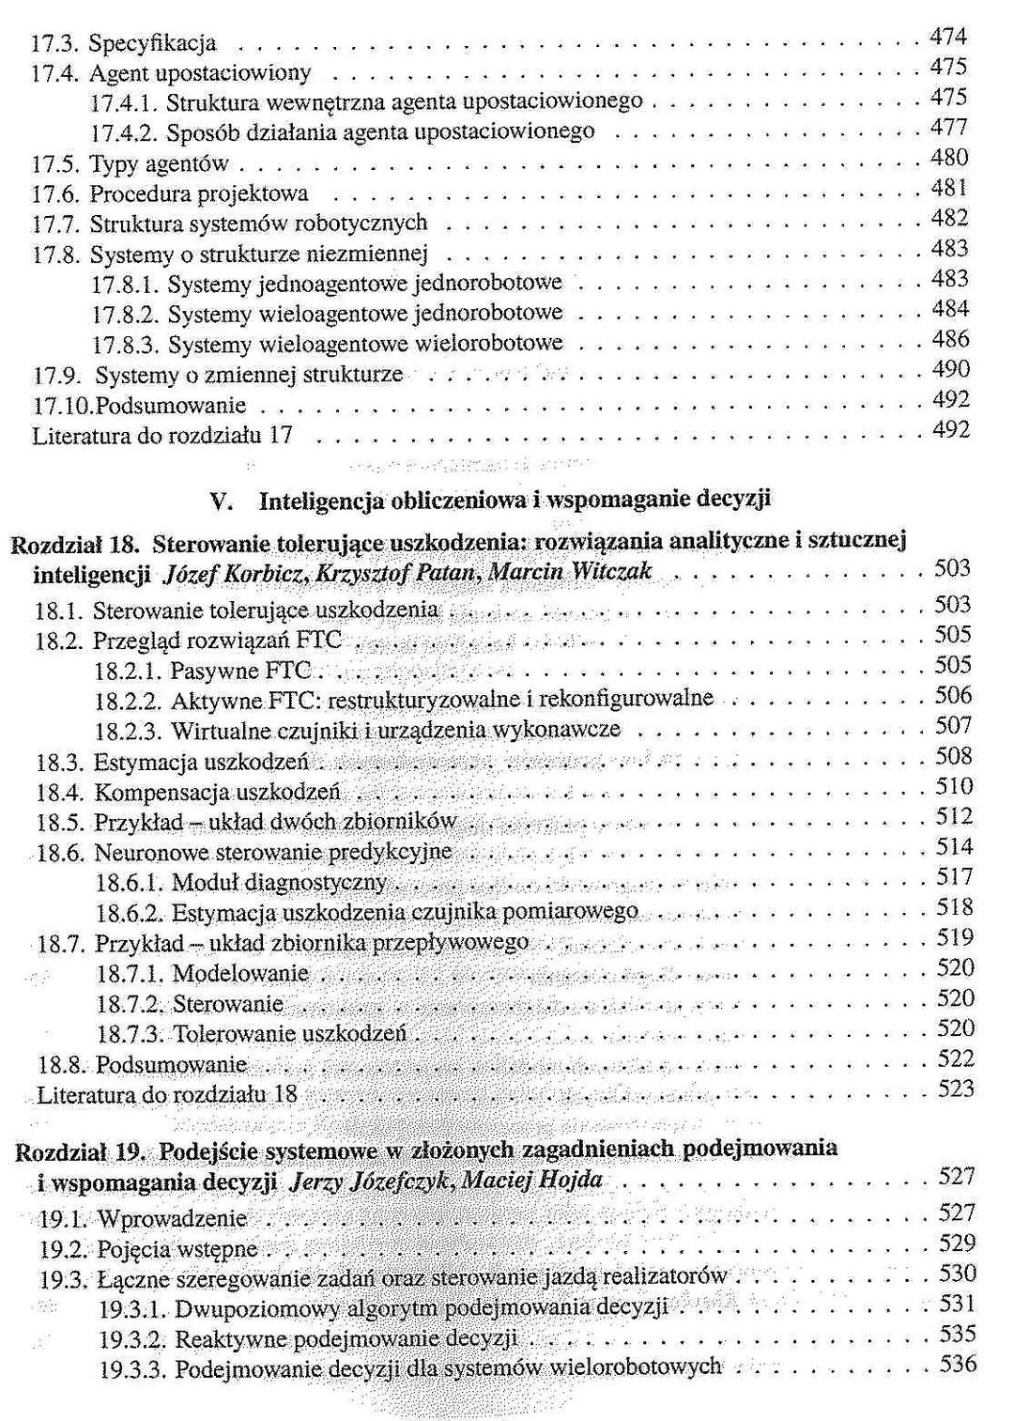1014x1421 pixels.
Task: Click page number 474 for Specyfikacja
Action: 948,38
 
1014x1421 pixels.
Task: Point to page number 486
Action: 950,339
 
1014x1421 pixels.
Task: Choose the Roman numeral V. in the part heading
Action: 223,501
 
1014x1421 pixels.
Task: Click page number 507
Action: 954,726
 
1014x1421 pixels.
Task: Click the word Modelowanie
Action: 240,973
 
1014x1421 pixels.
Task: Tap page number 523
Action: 956,1089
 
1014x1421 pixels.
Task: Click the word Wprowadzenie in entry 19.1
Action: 172,1219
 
